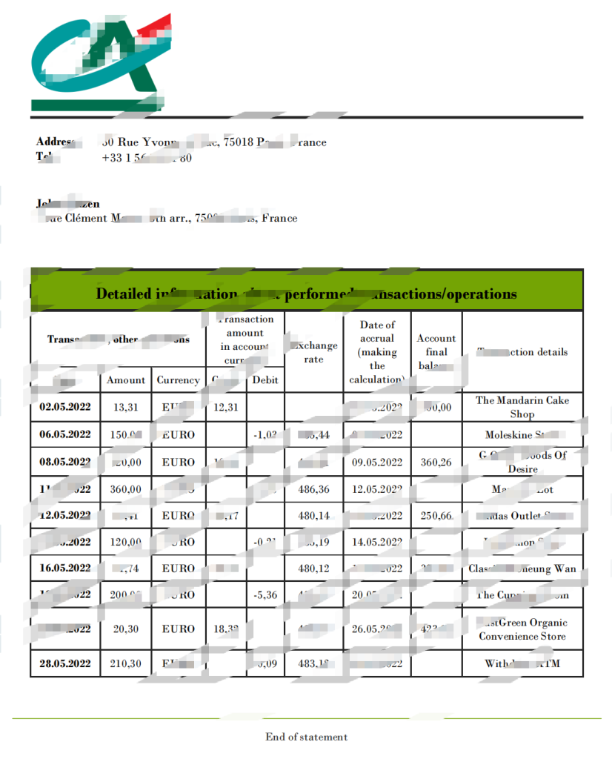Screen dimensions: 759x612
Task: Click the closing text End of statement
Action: [306, 737]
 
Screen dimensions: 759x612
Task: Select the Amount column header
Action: [126, 379]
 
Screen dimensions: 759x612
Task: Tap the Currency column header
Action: [178, 379]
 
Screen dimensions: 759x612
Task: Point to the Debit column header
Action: [265, 379]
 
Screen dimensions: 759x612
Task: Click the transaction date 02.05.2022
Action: [65, 407]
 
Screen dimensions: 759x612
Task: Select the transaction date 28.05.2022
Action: [65, 663]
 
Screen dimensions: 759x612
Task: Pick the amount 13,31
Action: [126, 407]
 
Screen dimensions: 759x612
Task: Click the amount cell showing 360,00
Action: [126, 489]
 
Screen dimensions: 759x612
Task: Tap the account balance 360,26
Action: [436, 462]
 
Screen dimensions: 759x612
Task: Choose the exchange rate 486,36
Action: [313, 489]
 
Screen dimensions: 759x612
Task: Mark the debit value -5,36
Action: [265, 594]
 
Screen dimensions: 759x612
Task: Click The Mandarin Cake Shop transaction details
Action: [522, 407]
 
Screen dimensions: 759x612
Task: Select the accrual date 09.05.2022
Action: [376, 462]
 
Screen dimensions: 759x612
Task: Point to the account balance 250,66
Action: [436, 515]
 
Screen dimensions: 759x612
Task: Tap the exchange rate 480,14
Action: [313, 515]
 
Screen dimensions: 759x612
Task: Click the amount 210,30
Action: [126, 663]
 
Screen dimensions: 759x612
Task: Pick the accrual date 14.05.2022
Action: [376, 542]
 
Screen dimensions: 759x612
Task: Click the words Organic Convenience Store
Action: [522, 629]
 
